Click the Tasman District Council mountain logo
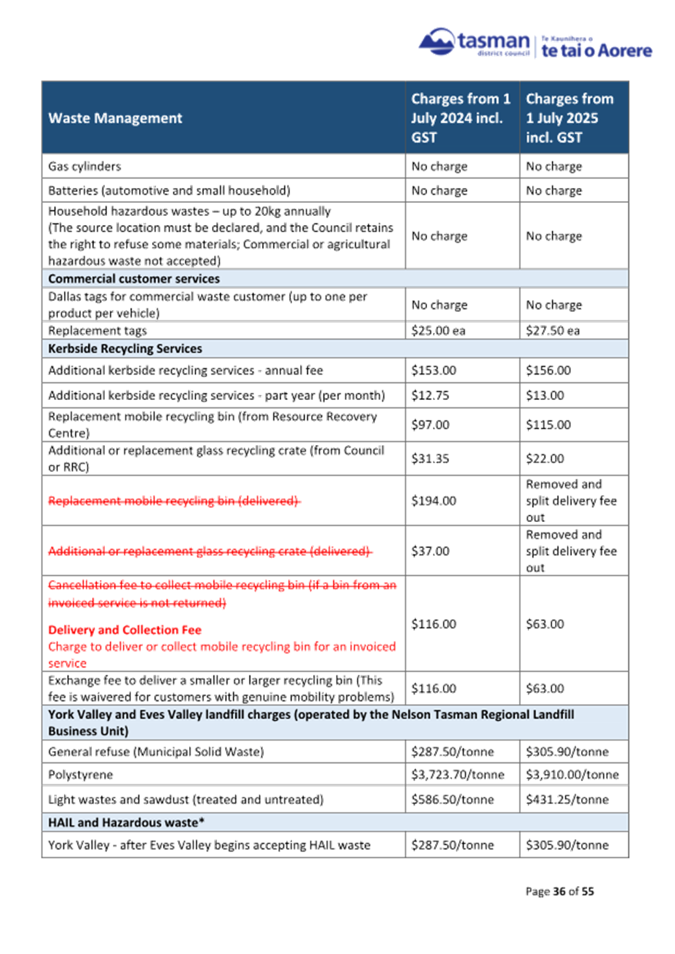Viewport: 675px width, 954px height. click(x=436, y=41)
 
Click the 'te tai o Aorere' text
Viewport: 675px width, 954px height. click(x=597, y=50)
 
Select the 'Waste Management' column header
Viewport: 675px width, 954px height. click(x=115, y=118)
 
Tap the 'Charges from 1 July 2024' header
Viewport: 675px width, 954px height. click(x=460, y=117)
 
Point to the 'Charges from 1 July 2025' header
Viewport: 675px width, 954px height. click(x=569, y=117)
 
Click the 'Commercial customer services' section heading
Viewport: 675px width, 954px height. click(x=134, y=279)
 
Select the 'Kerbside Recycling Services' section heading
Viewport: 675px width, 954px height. click(x=125, y=348)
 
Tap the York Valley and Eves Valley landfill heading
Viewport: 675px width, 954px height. click(x=311, y=722)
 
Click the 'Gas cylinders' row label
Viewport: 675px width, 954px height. click(x=85, y=166)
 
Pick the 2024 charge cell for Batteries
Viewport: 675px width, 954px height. click(x=440, y=191)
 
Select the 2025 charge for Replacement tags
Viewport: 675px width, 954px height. click(x=553, y=331)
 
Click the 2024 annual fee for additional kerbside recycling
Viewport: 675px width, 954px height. click(x=434, y=370)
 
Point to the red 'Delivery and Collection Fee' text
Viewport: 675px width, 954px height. click(x=125, y=630)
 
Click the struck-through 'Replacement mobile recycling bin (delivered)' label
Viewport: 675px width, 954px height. click(x=174, y=500)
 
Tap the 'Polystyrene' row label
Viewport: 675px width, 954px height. click(x=81, y=775)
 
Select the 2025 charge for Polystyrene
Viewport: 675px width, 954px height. click(x=572, y=775)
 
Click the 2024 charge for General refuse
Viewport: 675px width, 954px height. click(x=453, y=752)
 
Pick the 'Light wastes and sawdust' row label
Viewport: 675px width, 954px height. click(x=186, y=799)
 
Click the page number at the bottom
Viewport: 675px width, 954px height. click(x=560, y=891)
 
